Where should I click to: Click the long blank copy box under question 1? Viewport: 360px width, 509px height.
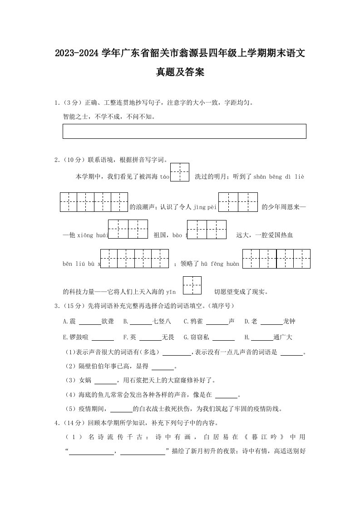pyautogui.click(x=184, y=131)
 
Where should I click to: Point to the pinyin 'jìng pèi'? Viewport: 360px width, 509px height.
pyautogui.click(x=206, y=207)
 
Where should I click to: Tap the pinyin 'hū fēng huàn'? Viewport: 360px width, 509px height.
pyautogui.click(x=220, y=263)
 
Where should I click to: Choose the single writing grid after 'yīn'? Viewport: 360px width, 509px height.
pyautogui.click(x=192, y=286)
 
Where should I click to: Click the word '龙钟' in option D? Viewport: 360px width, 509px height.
pyautogui.click(x=289, y=321)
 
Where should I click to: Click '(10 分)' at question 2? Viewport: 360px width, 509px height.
pyautogui.click(x=73, y=160)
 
